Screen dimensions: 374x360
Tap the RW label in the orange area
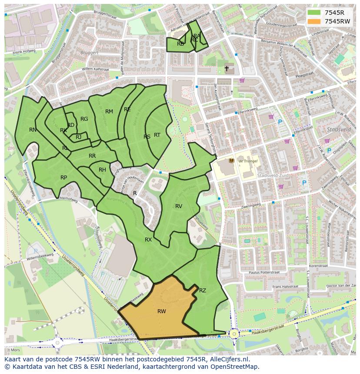coord(162,311)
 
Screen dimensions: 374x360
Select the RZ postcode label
coord(203,291)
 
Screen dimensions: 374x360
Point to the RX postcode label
coord(148,240)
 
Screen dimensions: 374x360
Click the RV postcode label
coord(179,206)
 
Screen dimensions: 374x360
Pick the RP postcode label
coord(64,177)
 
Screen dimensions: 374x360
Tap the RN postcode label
coord(33,129)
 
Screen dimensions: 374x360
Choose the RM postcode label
coord(109,112)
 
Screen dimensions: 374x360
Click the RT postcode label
coord(157,135)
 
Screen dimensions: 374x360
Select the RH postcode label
coord(102,170)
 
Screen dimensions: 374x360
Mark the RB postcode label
coord(180,44)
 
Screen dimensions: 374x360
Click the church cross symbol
coord(227,69)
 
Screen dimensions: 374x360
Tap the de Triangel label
coord(248,161)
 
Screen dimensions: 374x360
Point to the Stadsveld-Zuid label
coord(270,175)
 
